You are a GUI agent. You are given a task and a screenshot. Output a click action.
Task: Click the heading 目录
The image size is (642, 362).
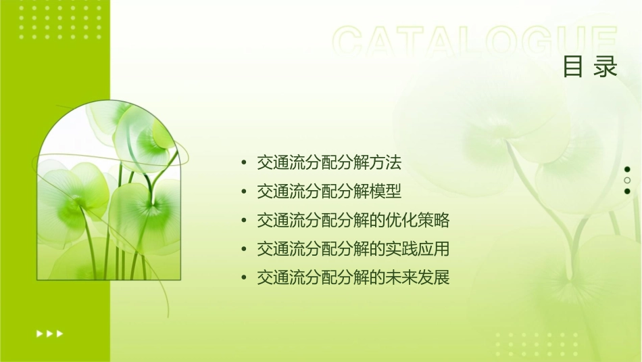point(590,67)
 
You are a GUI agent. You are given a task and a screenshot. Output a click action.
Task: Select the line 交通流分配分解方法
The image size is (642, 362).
point(329,163)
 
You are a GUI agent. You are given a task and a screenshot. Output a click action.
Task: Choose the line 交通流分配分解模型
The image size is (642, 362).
point(329,192)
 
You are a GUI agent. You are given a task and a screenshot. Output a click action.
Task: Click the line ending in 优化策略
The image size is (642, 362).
point(353,221)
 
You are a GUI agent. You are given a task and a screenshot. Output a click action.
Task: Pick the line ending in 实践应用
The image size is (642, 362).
point(353,249)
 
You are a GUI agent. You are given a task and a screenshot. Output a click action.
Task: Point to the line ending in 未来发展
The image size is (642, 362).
point(353,278)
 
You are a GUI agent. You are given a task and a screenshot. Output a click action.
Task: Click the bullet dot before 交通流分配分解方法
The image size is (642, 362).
point(244,164)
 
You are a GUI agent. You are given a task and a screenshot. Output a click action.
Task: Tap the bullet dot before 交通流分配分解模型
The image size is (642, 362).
point(244,193)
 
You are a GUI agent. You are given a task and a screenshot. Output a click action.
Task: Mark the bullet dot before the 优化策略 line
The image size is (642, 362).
point(244,221)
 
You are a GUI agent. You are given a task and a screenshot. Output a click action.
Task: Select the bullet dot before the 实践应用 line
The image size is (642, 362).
point(244,250)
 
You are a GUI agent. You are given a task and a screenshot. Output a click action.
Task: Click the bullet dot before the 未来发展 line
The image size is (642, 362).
point(244,279)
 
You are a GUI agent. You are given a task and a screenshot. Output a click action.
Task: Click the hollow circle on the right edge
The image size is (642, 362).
point(627,180)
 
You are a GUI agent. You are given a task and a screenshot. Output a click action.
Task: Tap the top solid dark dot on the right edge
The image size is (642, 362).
point(627,169)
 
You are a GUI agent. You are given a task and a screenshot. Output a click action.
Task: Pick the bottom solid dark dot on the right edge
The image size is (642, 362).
point(627,191)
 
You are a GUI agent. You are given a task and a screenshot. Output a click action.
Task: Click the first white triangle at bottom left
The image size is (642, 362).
point(39,333)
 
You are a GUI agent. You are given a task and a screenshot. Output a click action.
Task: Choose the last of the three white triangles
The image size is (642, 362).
point(60,333)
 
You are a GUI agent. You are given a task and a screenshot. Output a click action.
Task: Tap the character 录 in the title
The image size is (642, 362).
point(606,67)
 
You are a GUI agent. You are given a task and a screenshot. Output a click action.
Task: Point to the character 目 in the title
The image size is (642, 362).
point(573,67)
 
